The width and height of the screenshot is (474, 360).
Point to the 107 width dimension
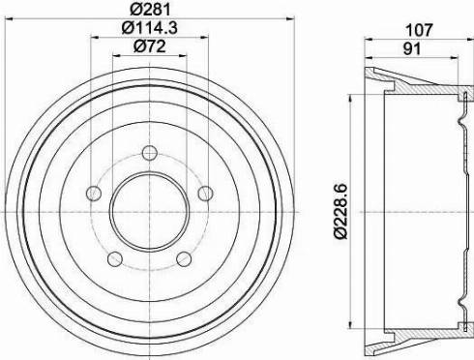point(417,28)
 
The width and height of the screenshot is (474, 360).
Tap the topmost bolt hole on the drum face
point(149,152)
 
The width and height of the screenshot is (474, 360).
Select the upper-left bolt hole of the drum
point(94,194)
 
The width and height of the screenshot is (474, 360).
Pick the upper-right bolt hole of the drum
point(204,194)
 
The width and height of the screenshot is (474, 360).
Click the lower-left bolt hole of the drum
point(114,257)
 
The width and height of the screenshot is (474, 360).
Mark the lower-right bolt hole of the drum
point(183,257)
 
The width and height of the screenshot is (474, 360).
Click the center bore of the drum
point(149,210)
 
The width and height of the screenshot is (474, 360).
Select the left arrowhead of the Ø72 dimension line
point(115,57)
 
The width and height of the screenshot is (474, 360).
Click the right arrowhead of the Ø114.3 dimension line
point(207,39)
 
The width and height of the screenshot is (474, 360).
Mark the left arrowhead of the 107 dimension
point(369,39)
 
